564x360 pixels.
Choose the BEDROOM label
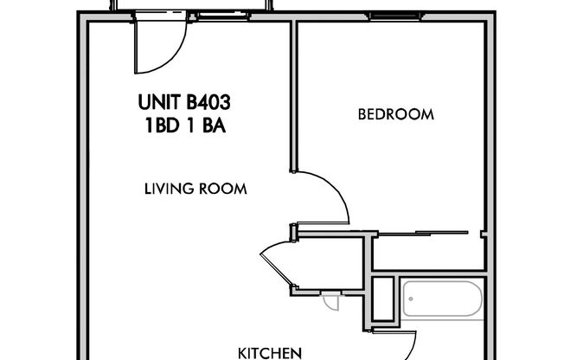(x=395, y=114)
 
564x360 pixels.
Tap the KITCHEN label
(x=270, y=352)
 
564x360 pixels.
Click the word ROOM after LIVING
(x=222, y=187)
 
